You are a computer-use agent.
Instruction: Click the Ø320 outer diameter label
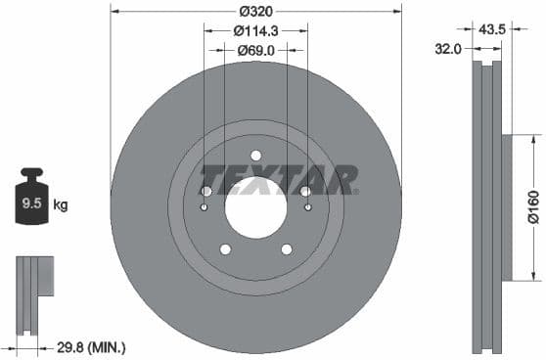255,12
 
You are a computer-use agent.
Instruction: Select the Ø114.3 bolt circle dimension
255,31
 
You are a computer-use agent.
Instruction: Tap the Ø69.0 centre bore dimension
255,50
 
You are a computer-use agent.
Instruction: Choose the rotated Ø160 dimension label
533,206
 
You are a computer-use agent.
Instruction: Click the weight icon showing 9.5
32,202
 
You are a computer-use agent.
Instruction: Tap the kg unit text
61,205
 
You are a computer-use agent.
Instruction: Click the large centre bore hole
255,207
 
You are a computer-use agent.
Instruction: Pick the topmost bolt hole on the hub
255,156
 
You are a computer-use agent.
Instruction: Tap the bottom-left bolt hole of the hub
225,248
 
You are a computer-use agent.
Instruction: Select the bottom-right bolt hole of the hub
287,248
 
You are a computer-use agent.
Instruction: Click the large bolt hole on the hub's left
206,192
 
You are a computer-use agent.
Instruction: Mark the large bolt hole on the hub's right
305,192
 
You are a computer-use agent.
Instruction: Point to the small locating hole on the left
204,207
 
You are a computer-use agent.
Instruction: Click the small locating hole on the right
308,207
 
